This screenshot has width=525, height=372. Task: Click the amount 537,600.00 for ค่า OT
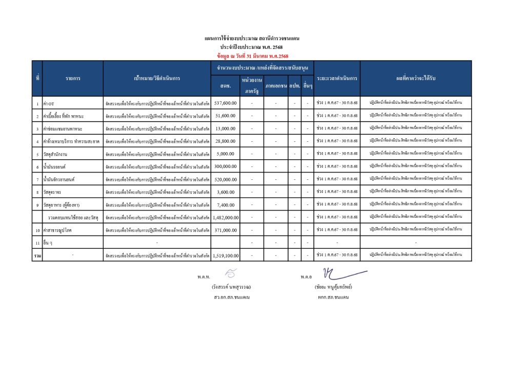click(x=225, y=103)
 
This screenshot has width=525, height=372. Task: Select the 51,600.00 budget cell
click(x=226, y=116)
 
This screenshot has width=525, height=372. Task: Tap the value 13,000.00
click(x=226, y=128)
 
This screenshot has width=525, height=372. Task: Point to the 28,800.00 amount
click(x=226, y=141)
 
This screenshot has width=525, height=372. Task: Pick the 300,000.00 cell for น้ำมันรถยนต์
click(x=225, y=166)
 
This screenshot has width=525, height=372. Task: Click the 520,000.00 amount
click(x=225, y=179)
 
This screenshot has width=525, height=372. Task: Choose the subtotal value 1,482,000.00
click(x=225, y=217)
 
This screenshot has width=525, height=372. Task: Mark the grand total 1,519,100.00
click(x=225, y=255)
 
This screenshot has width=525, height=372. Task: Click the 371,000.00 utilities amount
click(x=225, y=230)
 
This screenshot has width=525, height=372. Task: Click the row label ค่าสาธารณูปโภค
click(x=57, y=230)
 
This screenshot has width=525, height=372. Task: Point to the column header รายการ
click(x=72, y=79)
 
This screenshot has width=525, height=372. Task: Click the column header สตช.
click(x=225, y=85)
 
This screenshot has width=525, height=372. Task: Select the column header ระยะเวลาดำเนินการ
click(x=337, y=79)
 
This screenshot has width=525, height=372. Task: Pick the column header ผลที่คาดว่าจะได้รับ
click(x=416, y=79)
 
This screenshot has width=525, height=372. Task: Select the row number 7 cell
click(x=37, y=179)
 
